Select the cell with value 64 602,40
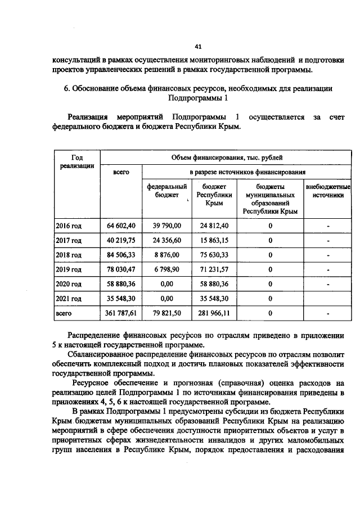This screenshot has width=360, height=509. (121, 226)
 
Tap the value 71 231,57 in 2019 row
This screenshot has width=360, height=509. (214, 269)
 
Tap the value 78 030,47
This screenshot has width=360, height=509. (121, 269)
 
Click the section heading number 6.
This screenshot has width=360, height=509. (66, 88)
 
